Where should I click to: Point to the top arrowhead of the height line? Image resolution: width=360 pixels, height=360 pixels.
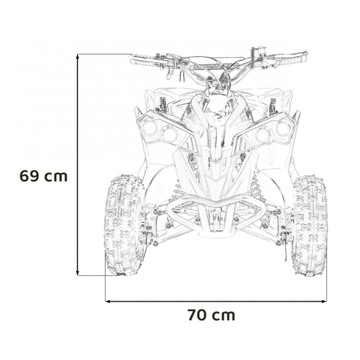point(79,57)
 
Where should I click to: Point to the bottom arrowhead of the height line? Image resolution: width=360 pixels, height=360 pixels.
point(79,273)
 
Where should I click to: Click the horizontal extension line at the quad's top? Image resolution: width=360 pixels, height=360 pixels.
point(105,54)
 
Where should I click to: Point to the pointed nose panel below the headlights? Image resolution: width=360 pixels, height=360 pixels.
point(216,161)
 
